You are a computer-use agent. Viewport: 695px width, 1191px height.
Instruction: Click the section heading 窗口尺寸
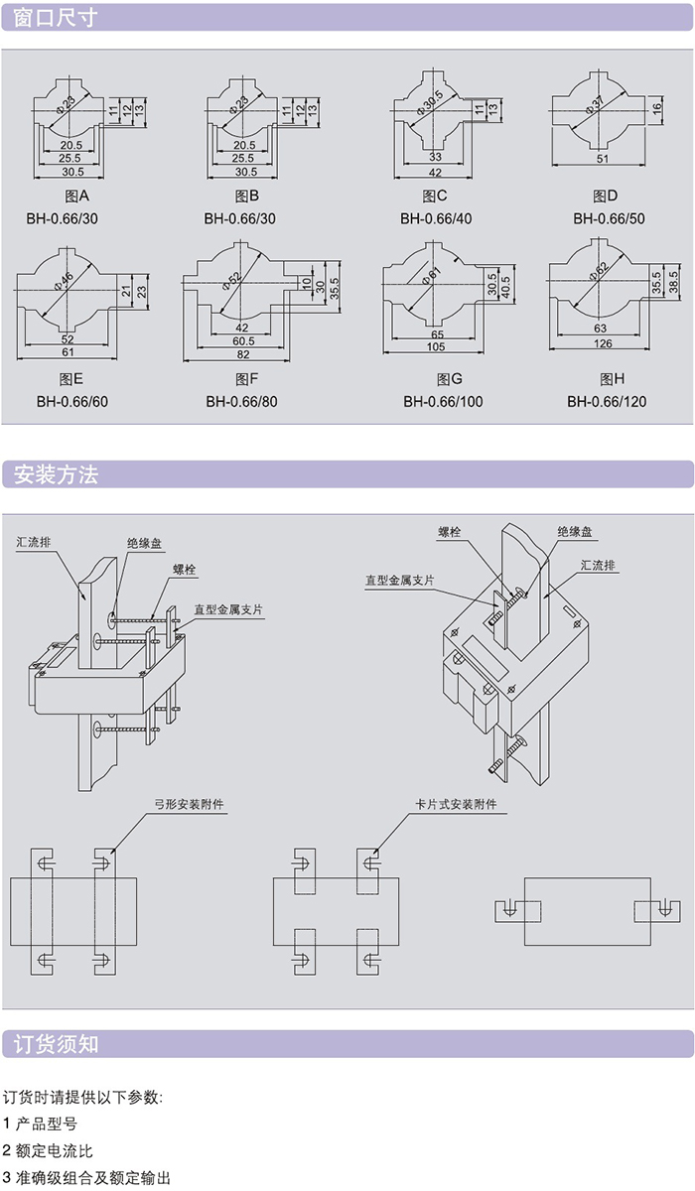click(56, 17)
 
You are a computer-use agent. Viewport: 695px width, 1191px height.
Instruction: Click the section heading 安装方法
click(56, 474)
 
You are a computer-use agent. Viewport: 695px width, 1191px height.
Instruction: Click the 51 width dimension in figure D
click(602, 159)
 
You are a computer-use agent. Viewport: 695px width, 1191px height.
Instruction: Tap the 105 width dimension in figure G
click(438, 346)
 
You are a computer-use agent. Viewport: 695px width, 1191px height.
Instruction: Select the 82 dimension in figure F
click(243, 353)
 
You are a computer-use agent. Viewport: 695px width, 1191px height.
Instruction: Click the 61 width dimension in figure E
click(69, 351)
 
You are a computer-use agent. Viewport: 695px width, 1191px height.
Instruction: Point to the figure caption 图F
click(246, 378)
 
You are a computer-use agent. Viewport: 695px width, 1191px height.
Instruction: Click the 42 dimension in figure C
click(436, 172)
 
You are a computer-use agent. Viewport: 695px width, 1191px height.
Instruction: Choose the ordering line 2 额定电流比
click(48, 1150)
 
